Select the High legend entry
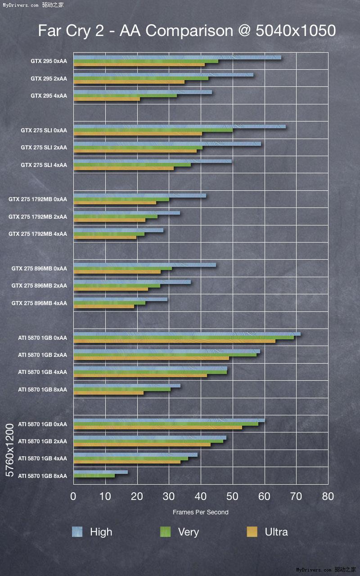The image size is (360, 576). (x=101, y=532)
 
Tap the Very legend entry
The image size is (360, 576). (x=188, y=532)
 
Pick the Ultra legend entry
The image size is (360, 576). (x=276, y=532)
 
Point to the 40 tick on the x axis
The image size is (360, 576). (x=201, y=496)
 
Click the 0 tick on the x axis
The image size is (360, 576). (x=73, y=496)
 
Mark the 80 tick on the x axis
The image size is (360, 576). (x=328, y=496)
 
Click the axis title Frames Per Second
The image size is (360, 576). (x=200, y=512)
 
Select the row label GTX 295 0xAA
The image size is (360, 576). (x=49, y=61)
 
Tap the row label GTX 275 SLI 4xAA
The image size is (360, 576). (x=44, y=165)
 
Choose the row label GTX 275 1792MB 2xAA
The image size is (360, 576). (x=38, y=217)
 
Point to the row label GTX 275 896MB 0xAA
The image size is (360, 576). (x=39, y=269)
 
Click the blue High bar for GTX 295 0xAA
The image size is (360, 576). (x=177, y=57)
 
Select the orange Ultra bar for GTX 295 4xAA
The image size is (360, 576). (x=106, y=99)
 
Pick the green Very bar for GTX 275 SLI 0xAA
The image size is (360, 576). (x=153, y=130)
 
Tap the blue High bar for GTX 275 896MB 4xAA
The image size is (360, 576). (x=120, y=299)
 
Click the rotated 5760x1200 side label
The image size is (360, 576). (x=10, y=450)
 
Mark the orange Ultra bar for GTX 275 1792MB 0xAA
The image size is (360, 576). (x=115, y=202)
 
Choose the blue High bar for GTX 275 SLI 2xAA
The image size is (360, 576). (x=167, y=144)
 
